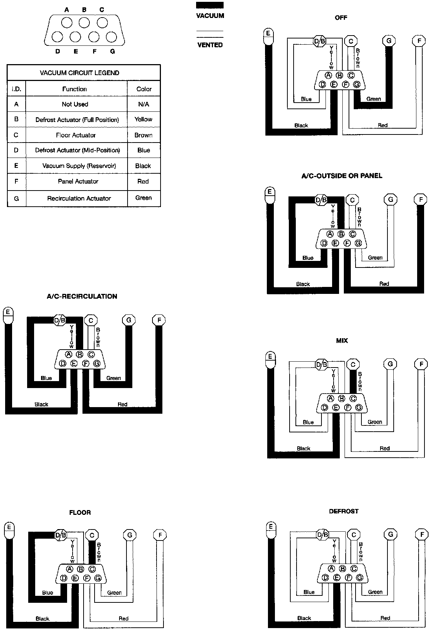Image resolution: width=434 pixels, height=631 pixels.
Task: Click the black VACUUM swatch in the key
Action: [210, 5]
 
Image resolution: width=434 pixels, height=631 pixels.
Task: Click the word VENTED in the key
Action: [210, 45]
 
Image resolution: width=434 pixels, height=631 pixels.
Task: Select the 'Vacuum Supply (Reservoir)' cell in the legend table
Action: [79, 166]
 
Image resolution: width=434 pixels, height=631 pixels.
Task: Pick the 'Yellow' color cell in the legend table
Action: [143, 119]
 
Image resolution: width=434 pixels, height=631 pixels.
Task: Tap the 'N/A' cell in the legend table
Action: [143, 104]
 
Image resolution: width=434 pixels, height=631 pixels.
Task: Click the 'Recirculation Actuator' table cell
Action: [79, 198]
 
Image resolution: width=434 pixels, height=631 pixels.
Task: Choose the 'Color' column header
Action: [144, 89]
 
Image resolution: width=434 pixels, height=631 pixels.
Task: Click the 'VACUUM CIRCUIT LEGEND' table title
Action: [79, 73]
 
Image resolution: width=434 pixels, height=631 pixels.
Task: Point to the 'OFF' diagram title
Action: [341, 18]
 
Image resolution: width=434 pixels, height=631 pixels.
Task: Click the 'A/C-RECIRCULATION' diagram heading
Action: [82, 296]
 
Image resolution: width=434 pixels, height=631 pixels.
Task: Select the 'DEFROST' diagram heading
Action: [343, 511]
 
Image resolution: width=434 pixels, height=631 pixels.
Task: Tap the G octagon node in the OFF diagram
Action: [389, 41]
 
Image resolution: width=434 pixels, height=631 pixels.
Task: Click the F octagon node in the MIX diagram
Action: [421, 364]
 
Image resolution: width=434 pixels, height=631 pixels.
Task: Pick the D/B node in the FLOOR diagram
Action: [60, 535]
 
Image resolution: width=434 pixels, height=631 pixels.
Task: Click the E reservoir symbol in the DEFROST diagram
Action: [271, 529]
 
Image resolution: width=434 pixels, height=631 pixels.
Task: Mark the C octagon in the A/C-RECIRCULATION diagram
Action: [91, 320]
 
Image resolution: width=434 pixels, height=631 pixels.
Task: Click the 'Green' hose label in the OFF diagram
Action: [374, 99]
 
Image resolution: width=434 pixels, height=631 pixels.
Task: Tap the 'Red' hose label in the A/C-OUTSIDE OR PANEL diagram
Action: [384, 284]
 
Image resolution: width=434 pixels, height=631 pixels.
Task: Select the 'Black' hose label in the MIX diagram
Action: [304, 448]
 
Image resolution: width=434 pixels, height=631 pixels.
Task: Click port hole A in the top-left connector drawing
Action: [67, 23]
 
